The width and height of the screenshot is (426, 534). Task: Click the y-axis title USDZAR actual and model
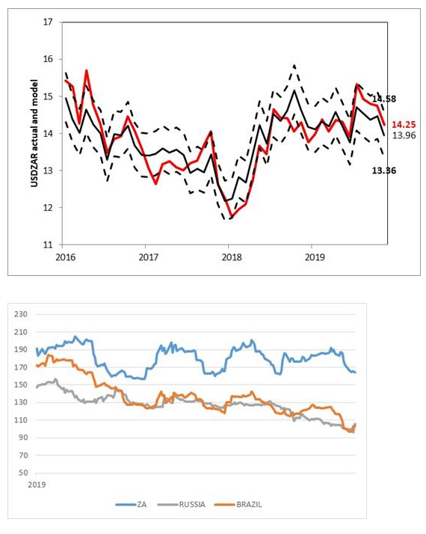coord(36,133)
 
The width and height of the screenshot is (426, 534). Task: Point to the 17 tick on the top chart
coord(49,22)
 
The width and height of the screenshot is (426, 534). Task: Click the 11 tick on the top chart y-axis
coord(49,245)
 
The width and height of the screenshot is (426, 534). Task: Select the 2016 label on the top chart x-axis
coord(63,256)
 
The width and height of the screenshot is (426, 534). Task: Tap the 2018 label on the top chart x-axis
coord(229,256)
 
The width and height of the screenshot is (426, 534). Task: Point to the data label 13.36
coord(383,171)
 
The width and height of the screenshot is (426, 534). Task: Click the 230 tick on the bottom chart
coord(22,313)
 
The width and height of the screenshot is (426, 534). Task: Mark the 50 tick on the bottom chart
coord(24,473)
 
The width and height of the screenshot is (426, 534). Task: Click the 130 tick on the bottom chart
coord(22,402)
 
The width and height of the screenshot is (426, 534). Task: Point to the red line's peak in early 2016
coord(87,70)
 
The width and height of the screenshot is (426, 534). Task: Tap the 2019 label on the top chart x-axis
coord(312,256)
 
